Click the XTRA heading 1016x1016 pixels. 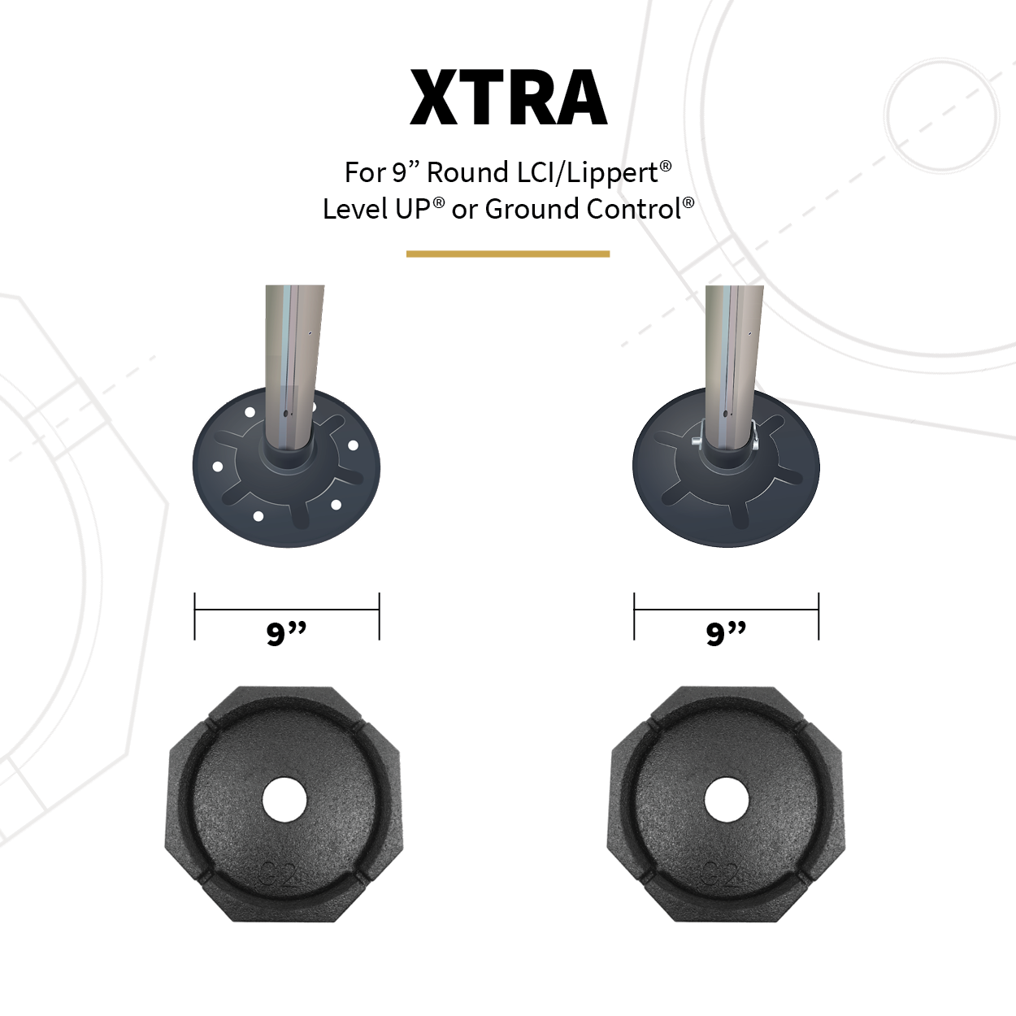click(x=509, y=98)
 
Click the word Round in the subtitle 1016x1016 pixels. click(x=467, y=172)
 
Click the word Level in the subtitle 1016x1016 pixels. click(x=355, y=209)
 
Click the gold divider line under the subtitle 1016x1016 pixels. click(x=508, y=254)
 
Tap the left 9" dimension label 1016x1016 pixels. click(x=286, y=632)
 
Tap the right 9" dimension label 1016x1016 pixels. click(x=726, y=632)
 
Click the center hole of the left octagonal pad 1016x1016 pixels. click(x=284, y=801)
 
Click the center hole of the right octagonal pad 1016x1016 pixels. click(x=726, y=801)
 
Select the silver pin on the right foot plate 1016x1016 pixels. click(x=697, y=440)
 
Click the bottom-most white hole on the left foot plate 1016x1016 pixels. click(x=258, y=516)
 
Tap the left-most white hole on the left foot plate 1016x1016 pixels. click(x=217, y=467)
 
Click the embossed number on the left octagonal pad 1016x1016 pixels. click(x=280, y=875)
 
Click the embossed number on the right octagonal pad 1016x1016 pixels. click(x=722, y=875)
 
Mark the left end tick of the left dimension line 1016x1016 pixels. click(x=195, y=616)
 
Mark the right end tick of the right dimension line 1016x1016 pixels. click(x=818, y=616)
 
